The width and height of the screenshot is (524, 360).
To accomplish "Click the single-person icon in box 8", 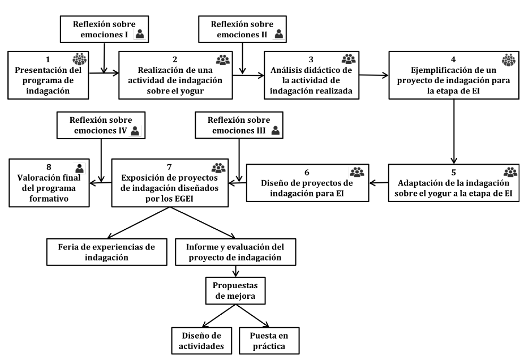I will (80, 168).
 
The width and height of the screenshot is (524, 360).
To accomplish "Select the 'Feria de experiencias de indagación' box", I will (106, 250).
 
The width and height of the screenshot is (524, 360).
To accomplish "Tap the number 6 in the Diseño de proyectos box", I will (307, 172).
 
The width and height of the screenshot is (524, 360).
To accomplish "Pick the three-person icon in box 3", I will (349, 59).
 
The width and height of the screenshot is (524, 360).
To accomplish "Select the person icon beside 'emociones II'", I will (278, 34).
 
